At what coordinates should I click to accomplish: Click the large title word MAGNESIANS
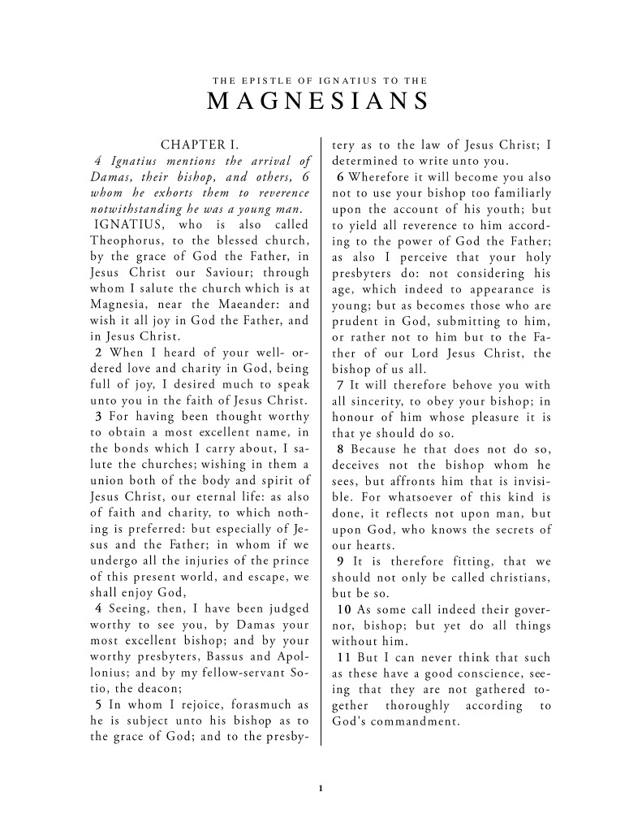319,102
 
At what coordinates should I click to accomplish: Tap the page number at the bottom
321,787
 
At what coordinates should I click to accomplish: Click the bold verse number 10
343,608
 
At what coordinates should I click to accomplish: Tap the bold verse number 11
343,656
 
